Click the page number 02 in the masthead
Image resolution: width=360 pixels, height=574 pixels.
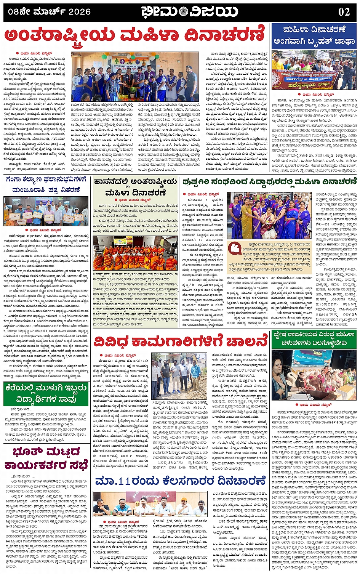(344, 12)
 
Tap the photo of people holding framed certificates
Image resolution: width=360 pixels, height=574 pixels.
(45, 211)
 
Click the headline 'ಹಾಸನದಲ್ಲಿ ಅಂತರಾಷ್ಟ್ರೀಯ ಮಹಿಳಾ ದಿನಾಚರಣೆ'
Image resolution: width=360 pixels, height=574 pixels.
(136, 187)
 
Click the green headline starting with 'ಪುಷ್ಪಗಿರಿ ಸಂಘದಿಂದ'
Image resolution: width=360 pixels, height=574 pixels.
(269, 182)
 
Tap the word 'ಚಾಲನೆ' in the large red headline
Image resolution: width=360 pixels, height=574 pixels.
(245, 341)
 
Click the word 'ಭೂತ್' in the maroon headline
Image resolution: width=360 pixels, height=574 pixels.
(27, 452)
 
